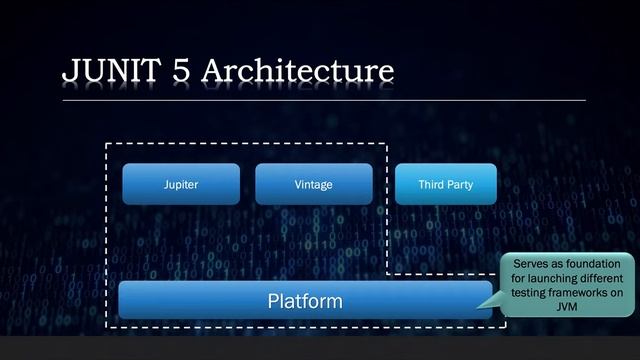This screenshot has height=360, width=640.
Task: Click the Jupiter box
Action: [x=181, y=185]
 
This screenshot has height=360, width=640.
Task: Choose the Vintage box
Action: [x=314, y=185]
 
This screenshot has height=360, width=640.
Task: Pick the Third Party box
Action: [x=445, y=185]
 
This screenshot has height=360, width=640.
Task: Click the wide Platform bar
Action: [x=304, y=300]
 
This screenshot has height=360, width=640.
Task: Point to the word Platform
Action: [x=304, y=300]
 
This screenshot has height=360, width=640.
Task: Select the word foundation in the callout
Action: [x=590, y=263]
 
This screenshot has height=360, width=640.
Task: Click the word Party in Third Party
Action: [x=459, y=185]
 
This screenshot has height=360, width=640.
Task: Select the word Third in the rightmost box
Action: [x=431, y=185]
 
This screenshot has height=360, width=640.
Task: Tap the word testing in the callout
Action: [x=530, y=293]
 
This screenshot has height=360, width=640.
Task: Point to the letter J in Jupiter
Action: [x=166, y=185]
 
